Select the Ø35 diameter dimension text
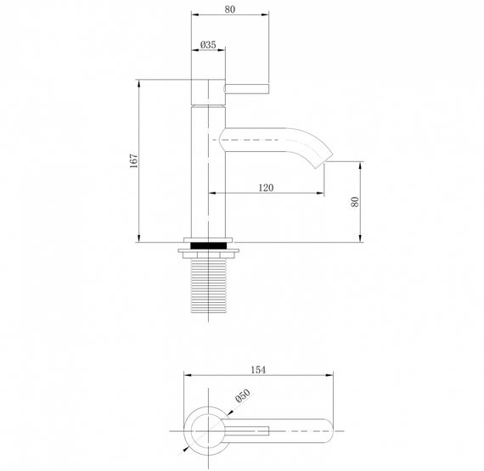[x=207, y=45]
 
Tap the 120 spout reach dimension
[x=266, y=188]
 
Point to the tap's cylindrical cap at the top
[x=209, y=91]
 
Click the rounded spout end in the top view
[x=329, y=433]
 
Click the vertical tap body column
[x=209, y=170]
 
